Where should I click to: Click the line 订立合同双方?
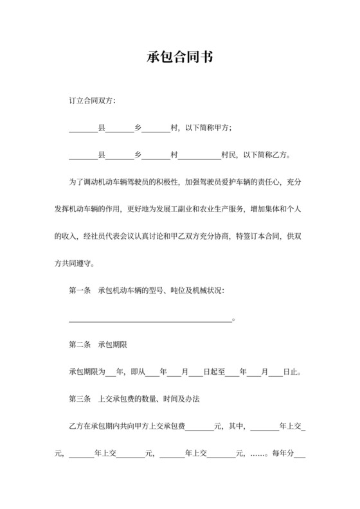pos(92,101)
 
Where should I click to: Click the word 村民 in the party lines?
pos(228,155)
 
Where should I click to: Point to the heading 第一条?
pos(79,290)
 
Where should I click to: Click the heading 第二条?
pos(79,344)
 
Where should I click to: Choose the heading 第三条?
pos(79,399)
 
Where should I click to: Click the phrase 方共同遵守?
pos(75,263)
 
